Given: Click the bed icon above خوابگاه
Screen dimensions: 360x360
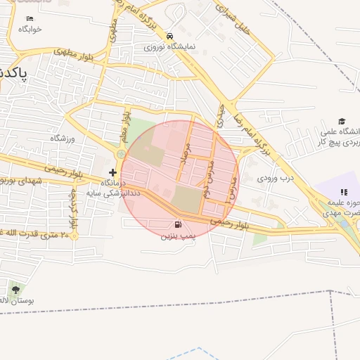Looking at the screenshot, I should (30, 18).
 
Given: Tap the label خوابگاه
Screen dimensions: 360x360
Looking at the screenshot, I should (30, 29).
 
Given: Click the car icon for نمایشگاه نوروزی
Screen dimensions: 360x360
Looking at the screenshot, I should (169, 36).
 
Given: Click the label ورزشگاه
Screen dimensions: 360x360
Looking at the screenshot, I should (63, 139).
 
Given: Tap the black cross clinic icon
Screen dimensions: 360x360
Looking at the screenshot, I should (112, 172).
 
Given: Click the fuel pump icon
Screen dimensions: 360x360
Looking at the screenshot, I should (177, 226).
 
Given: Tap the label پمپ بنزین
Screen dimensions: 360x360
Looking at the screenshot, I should (176, 238).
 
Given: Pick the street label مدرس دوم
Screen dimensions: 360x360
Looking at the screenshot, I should (209, 177).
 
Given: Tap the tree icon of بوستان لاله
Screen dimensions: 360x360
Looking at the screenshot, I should (15, 289).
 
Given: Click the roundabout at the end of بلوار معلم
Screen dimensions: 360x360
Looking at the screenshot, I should (121, 154).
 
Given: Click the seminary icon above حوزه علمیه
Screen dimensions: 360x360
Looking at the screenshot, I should (344, 192).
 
